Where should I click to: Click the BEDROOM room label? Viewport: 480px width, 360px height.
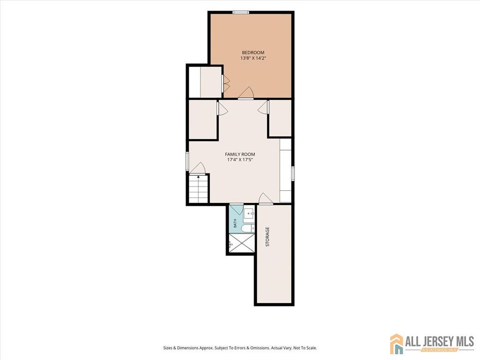(x=253, y=52)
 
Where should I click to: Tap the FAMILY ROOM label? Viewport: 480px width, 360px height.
(x=240, y=154)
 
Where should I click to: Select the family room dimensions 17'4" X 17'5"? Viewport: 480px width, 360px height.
(x=240, y=159)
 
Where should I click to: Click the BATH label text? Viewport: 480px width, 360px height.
(x=235, y=223)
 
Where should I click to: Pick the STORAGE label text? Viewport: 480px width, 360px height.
(x=267, y=237)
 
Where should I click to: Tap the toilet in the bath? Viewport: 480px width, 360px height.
(x=247, y=228)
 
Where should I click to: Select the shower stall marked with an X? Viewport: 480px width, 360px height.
(x=242, y=243)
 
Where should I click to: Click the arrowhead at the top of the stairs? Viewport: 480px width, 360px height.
(x=199, y=177)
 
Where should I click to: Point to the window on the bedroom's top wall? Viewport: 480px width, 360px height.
(x=240, y=12)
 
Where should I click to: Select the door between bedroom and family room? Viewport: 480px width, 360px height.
(x=246, y=93)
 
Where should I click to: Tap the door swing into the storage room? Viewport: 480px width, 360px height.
(x=266, y=198)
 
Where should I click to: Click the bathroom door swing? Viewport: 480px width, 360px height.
(x=236, y=209)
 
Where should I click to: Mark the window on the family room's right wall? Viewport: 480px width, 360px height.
(x=292, y=173)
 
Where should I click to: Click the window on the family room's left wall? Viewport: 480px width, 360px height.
(x=187, y=161)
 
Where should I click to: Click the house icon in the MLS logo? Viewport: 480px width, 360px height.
(x=397, y=344)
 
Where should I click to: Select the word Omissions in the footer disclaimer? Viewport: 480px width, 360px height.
(x=260, y=348)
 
